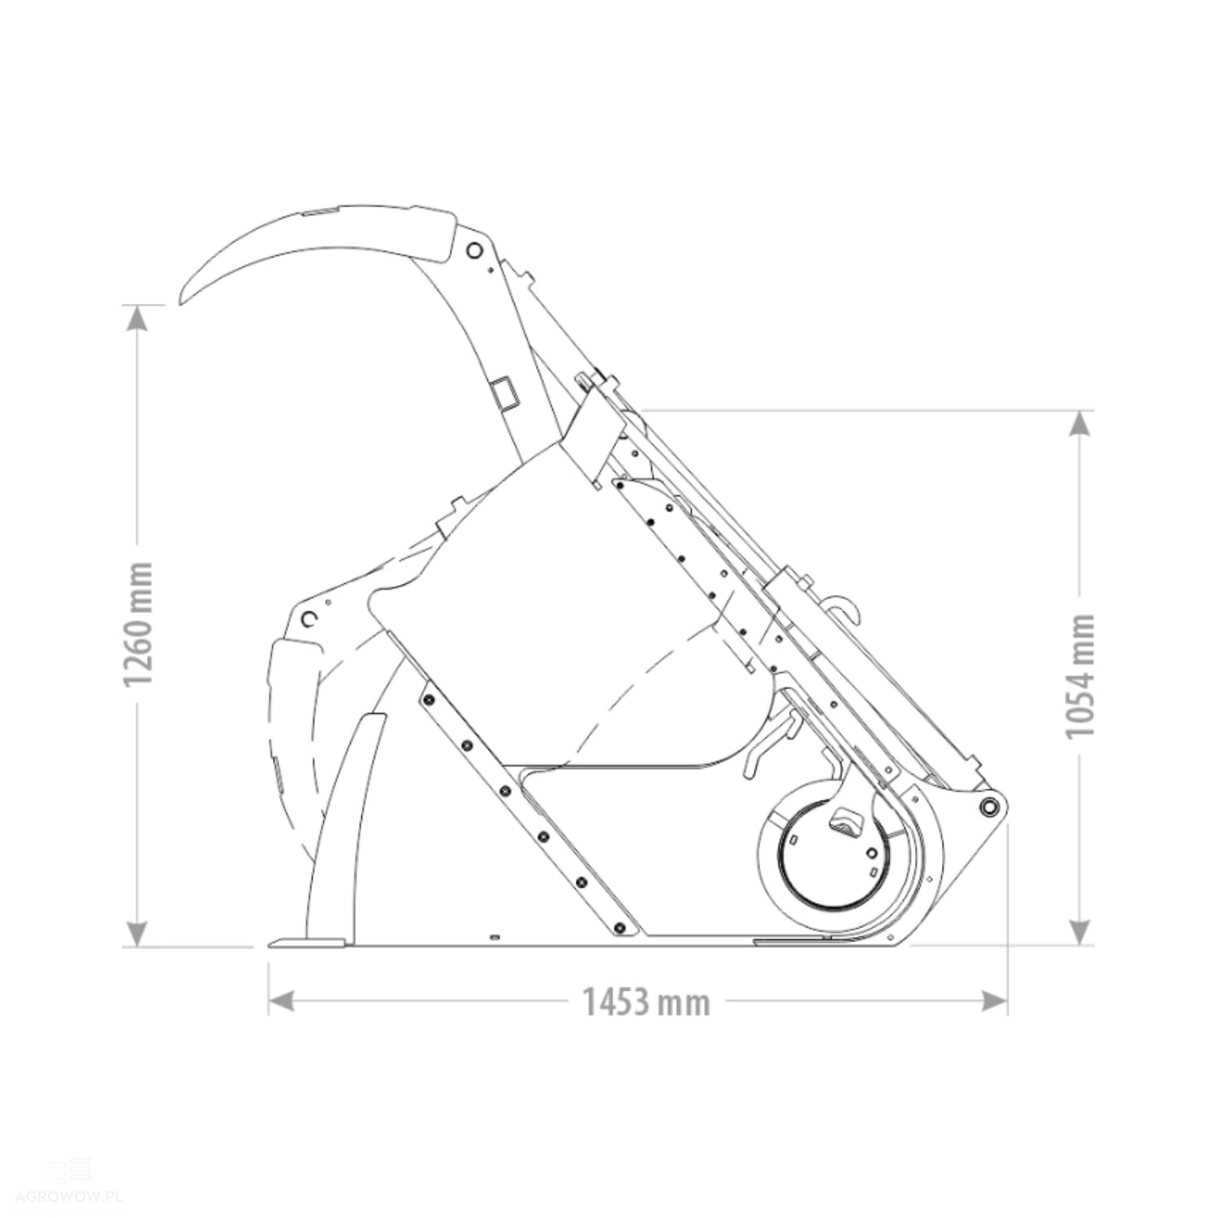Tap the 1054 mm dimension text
point(1081,676)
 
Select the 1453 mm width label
point(646,1002)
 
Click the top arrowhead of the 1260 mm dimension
point(138,318)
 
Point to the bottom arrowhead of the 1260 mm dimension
point(138,933)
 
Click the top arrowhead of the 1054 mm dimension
point(1080,424)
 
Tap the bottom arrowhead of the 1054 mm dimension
point(1080,933)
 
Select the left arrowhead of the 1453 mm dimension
point(281,1001)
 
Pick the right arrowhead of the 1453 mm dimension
point(995,1001)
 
